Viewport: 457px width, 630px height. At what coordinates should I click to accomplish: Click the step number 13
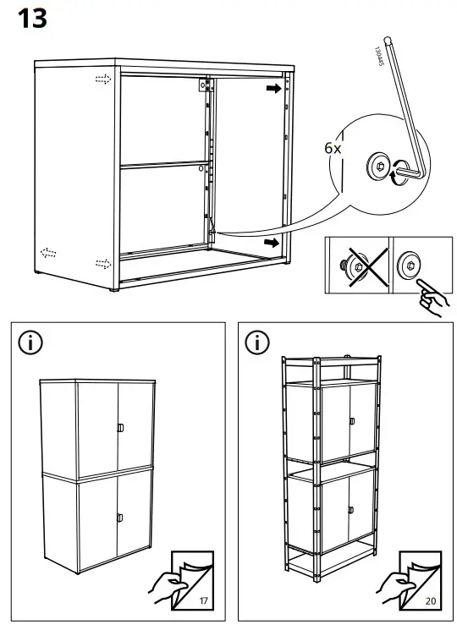(32, 19)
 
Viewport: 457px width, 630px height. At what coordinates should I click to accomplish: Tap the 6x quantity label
(333, 147)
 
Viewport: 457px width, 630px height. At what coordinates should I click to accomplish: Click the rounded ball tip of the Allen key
(388, 38)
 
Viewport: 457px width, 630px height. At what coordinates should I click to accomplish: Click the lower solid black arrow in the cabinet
(272, 243)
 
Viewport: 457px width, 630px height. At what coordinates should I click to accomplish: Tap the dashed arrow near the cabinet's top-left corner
(102, 79)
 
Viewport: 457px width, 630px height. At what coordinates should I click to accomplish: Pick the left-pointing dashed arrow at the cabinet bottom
(50, 252)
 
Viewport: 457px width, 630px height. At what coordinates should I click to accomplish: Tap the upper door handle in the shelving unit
(350, 421)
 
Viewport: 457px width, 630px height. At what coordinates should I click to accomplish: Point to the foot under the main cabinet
(114, 292)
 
